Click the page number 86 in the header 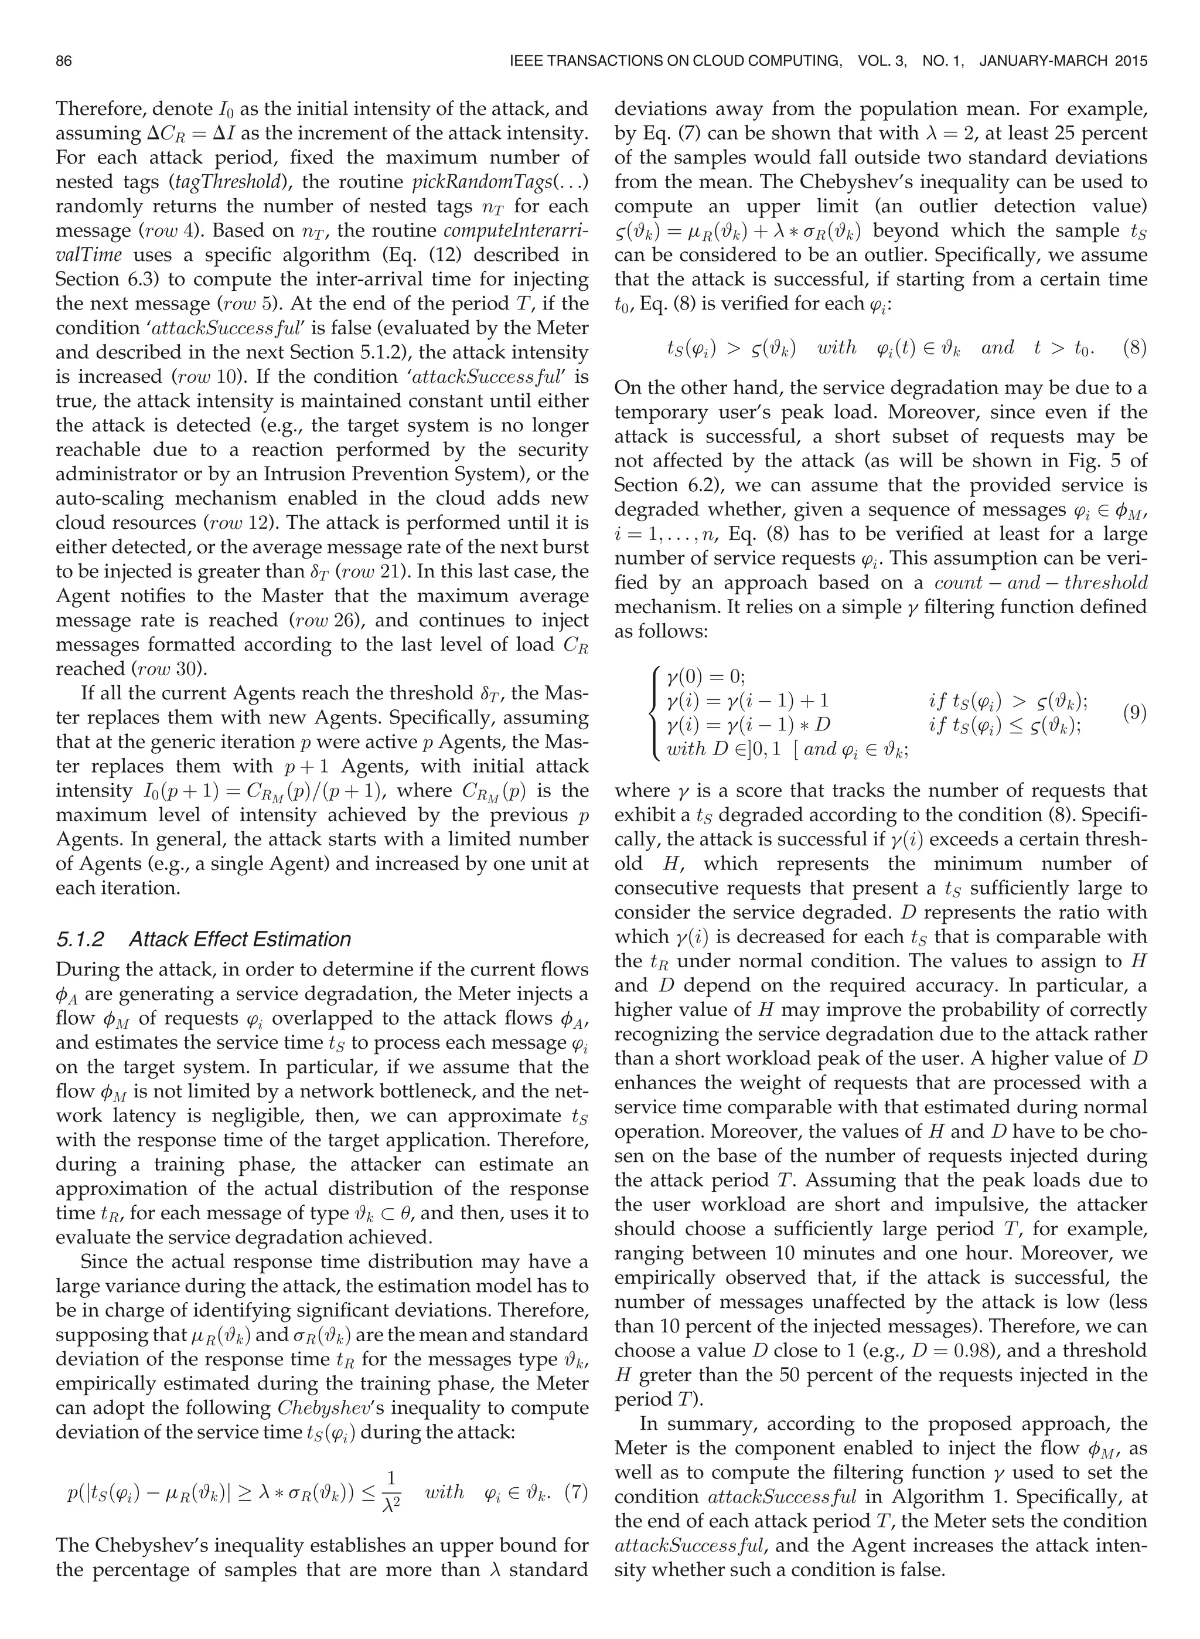click(x=63, y=62)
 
